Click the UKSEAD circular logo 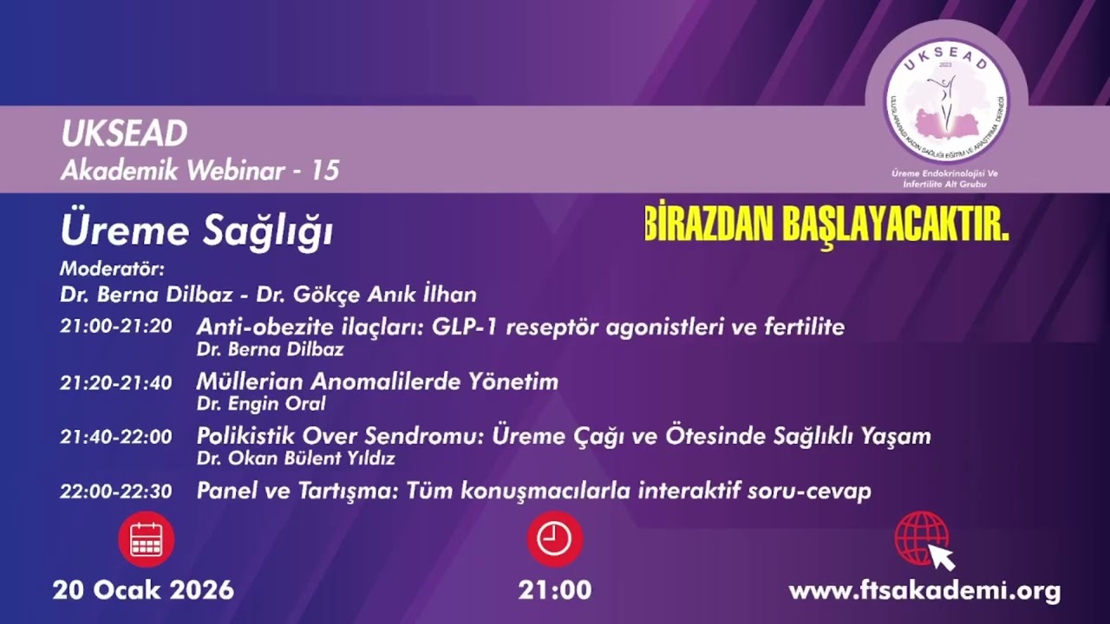click(946, 95)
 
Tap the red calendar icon click(146, 539)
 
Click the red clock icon click(554, 539)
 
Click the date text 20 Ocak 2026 click(143, 590)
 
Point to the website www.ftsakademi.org click(924, 591)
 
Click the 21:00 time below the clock click(554, 590)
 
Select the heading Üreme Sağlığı click(197, 231)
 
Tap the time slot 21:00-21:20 click(115, 328)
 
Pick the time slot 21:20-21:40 click(115, 382)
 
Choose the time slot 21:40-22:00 click(115, 437)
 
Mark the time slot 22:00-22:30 click(115, 491)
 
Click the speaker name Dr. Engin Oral click(261, 403)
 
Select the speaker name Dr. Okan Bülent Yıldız click(296, 458)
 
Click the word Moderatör click(112, 268)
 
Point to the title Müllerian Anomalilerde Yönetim click(377, 381)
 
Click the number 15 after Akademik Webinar click(324, 171)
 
